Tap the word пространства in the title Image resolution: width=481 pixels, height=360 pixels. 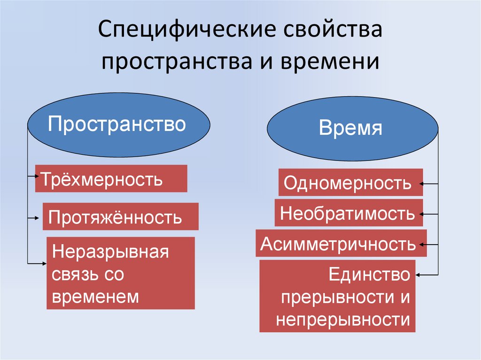[x=175, y=61]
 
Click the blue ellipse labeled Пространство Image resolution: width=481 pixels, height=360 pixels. [x=118, y=125]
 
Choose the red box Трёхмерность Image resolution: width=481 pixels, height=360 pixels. [x=111, y=178]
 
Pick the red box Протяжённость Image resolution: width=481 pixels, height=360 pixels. [x=120, y=216]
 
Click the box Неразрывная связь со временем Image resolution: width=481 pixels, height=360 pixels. [x=121, y=273]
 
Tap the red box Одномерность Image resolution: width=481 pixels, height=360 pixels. [x=350, y=183]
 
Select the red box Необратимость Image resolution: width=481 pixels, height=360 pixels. [x=349, y=213]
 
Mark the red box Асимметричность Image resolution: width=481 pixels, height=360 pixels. [x=341, y=244]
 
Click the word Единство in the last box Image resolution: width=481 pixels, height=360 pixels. [x=369, y=275]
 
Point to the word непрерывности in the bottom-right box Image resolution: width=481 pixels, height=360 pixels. [x=343, y=320]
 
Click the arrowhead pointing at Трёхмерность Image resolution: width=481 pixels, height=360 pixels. [x=38, y=176]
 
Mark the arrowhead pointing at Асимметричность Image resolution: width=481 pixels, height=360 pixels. [x=424, y=245]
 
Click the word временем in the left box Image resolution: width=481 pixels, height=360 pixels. [x=96, y=297]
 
